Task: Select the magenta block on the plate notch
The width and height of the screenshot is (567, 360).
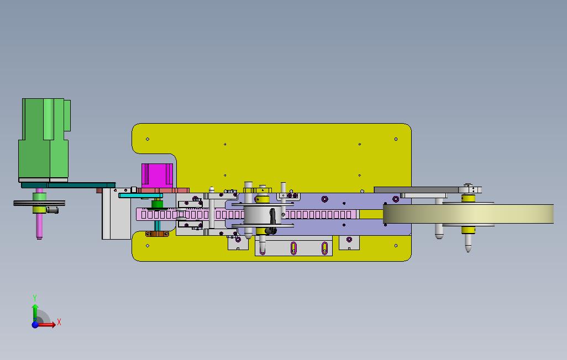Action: pos(157,176)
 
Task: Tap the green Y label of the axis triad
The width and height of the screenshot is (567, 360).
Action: pos(35,298)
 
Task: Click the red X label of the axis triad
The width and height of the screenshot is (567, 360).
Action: pos(59,322)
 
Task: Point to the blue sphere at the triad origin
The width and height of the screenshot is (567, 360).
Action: pos(35,325)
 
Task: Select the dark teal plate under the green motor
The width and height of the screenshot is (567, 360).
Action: pos(69,185)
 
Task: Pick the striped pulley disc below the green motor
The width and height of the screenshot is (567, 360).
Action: pos(39,203)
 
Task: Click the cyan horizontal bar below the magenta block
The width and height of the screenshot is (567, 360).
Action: pos(140,195)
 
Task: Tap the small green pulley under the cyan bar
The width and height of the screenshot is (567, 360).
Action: pos(157,204)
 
